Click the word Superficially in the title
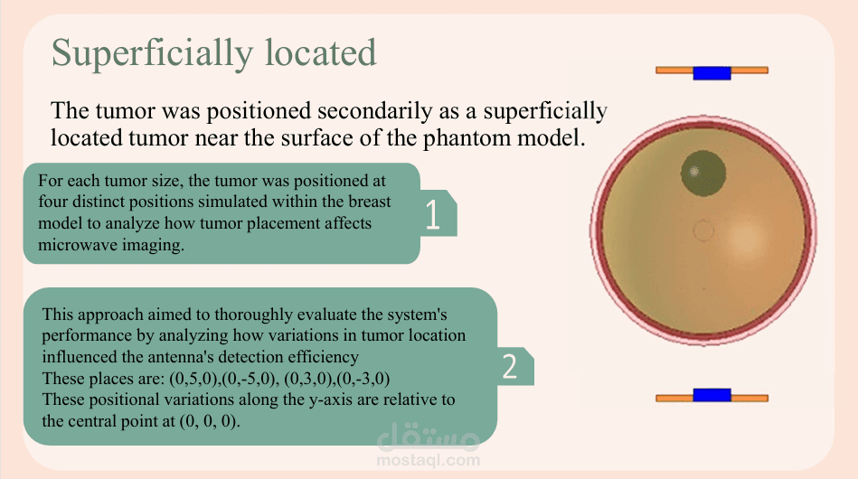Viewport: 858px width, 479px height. click(x=152, y=54)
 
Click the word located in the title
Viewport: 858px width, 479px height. click(x=321, y=52)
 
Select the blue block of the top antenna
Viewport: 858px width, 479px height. click(x=712, y=72)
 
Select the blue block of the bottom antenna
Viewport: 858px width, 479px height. click(x=712, y=395)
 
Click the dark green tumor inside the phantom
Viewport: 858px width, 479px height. click(x=703, y=174)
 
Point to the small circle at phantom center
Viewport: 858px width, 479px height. click(x=703, y=230)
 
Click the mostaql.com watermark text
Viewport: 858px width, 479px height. click(x=429, y=460)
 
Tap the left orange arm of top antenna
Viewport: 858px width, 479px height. click(x=674, y=70)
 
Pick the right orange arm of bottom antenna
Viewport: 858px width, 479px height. click(x=750, y=398)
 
